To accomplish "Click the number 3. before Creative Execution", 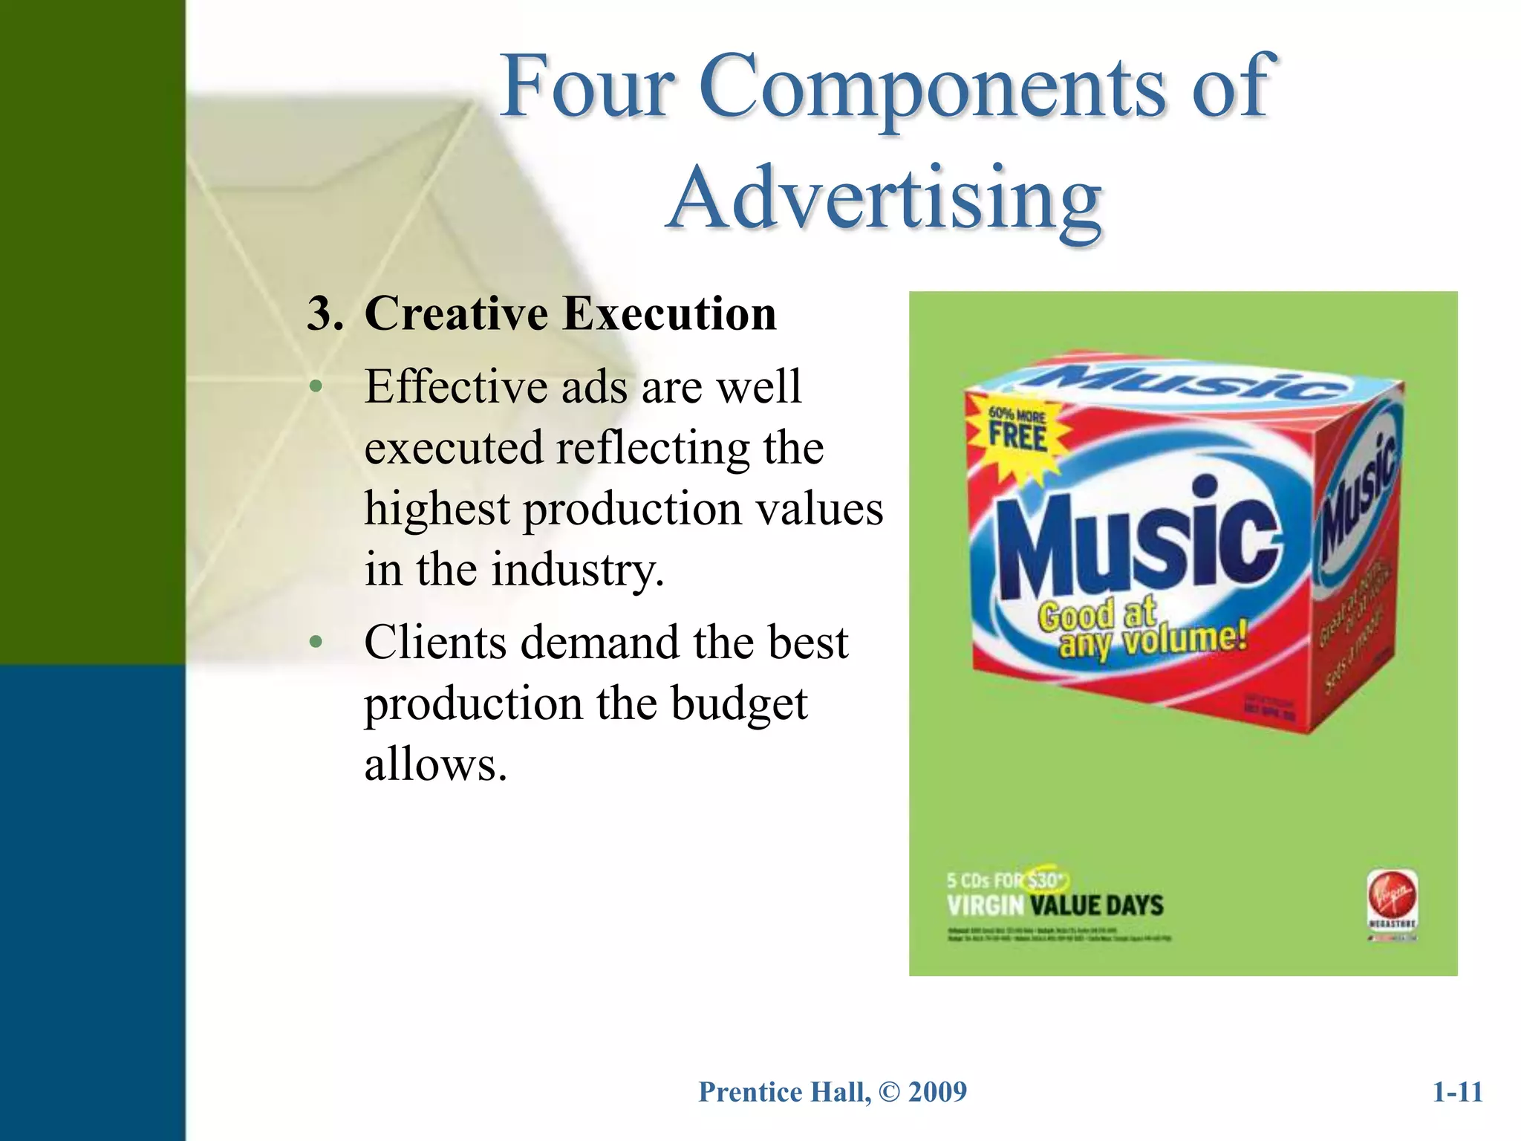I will (x=325, y=313).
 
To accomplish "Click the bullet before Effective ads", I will (x=316, y=387).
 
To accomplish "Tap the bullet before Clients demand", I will (x=316, y=643).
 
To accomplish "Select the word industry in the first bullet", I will (x=577, y=570).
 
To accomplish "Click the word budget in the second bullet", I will (x=739, y=703).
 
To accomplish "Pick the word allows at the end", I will (x=435, y=764).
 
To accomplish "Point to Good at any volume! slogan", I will (x=1140, y=628).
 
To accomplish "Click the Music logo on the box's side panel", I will (x=1355, y=498).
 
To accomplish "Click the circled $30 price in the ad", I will (x=1044, y=880).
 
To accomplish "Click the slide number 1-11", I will (x=1457, y=1092).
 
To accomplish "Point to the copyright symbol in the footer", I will (x=888, y=1092).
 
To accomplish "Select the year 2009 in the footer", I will (x=937, y=1092).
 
